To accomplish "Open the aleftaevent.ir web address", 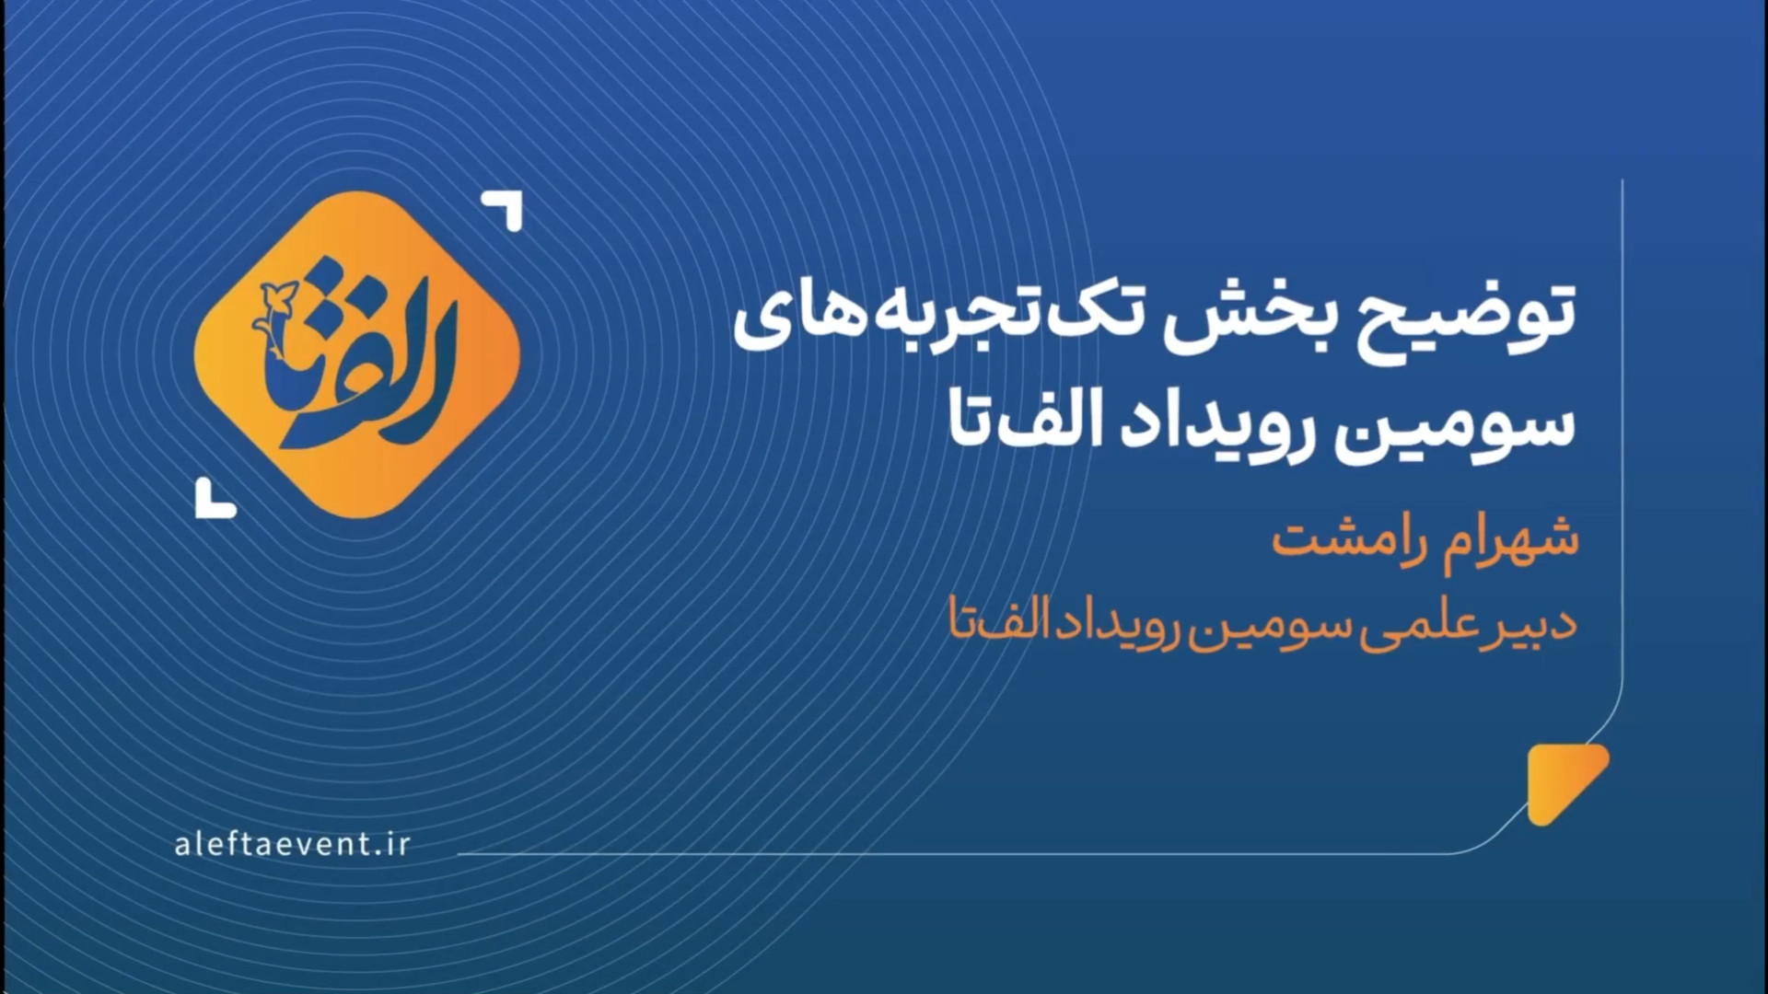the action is point(292,845).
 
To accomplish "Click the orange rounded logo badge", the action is point(357,354).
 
